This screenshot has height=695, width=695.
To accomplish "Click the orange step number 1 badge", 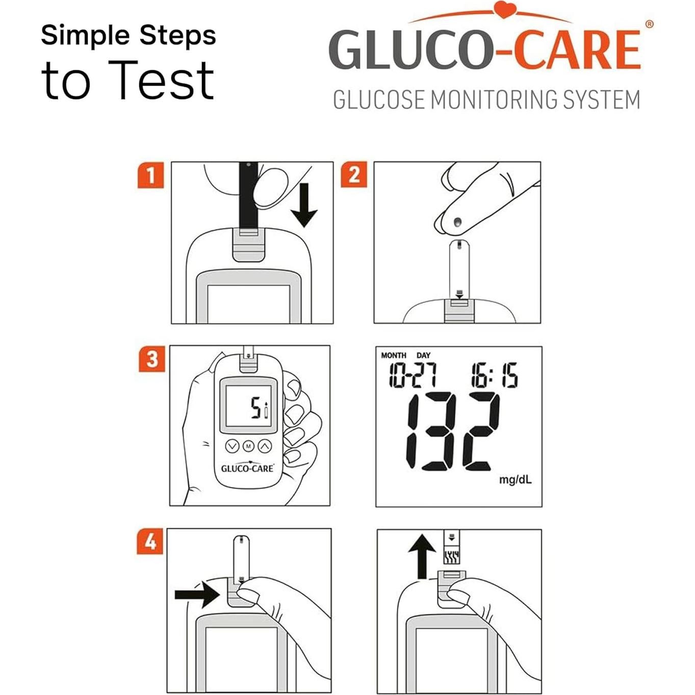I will [x=150, y=175].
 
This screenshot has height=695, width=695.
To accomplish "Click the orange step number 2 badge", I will [x=354, y=175].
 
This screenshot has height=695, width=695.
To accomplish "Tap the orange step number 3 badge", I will [x=152, y=359].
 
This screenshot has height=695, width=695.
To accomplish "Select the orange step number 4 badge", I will [x=150, y=541].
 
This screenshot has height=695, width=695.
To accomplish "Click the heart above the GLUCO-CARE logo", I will [x=504, y=10].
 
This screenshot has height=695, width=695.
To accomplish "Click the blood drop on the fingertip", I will [x=457, y=222].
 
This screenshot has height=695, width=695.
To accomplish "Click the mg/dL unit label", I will [x=515, y=480].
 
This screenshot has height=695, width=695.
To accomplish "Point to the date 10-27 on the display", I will [x=413, y=376].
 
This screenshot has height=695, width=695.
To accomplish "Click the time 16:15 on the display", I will [x=494, y=376].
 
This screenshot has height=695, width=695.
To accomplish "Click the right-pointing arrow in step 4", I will [x=197, y=594].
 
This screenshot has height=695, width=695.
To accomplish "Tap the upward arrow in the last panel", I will [x=422, y=556].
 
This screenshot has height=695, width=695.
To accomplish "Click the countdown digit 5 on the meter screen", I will [x=255, y=408].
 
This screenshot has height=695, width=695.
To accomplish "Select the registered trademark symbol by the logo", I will [x=649, y=24].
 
